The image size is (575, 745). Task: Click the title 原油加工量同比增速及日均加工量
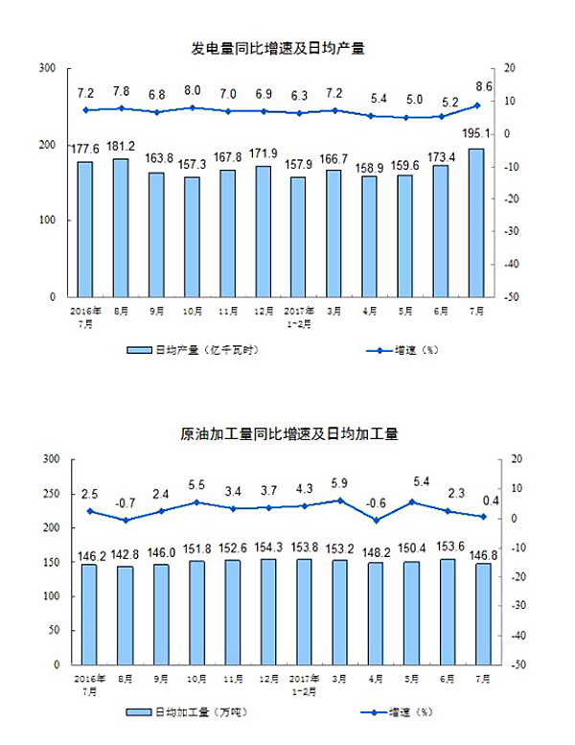coord(288,433)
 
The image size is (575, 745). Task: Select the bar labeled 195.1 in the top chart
coord(476,222)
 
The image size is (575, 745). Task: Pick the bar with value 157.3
coord(192,237)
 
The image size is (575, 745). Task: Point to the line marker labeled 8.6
coord(476,105)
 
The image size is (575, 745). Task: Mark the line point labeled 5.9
coord(333,501)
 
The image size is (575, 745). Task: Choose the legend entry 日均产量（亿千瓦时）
coord(195,351)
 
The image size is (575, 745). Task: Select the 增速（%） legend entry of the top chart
coord(402,351)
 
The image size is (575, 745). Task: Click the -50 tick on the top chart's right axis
coord(513,297)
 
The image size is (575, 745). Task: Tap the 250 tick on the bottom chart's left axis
coord(49,494)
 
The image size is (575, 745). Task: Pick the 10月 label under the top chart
coord(192,311)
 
